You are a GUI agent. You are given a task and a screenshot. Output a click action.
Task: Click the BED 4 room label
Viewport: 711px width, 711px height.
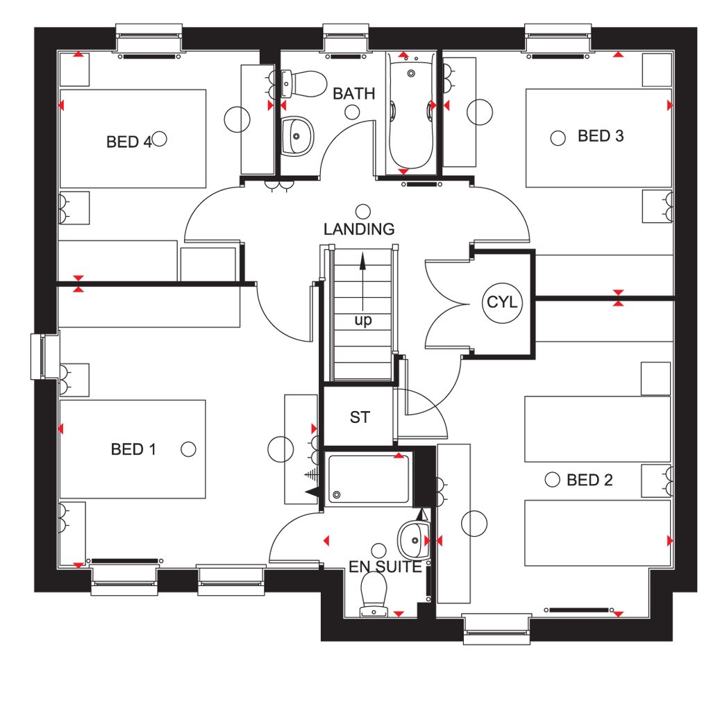click(128, 142)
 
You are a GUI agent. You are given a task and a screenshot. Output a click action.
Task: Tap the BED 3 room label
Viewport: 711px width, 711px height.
click(601, 136)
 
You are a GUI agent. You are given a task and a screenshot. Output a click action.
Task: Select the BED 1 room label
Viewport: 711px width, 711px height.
click(133, 449)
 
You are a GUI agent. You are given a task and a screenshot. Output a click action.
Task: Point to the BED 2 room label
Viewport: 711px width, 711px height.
click(589, 480)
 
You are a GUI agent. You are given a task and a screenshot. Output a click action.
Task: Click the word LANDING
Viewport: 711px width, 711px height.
click(359, 229)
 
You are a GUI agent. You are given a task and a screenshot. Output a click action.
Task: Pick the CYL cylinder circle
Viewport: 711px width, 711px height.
click(501, 303)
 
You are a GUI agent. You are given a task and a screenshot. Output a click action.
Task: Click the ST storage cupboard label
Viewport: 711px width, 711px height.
click(360, 417)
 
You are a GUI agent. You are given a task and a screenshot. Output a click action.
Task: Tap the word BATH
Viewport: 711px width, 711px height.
click(353, 94)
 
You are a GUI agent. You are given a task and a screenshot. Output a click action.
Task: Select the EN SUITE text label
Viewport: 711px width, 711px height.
click(385, 567)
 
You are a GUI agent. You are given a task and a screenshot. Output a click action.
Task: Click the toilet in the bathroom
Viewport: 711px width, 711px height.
click(303, 83)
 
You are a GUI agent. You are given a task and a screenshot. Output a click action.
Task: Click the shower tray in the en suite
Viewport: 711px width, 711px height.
click(368, 479)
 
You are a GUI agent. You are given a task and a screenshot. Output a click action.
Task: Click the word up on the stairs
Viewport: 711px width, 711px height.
click(363, 320)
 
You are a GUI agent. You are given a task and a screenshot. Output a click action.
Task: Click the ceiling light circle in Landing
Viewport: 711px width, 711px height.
click(362, 211)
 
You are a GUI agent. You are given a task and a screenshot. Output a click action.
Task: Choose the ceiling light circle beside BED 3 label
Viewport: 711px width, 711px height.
click(558, 138)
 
